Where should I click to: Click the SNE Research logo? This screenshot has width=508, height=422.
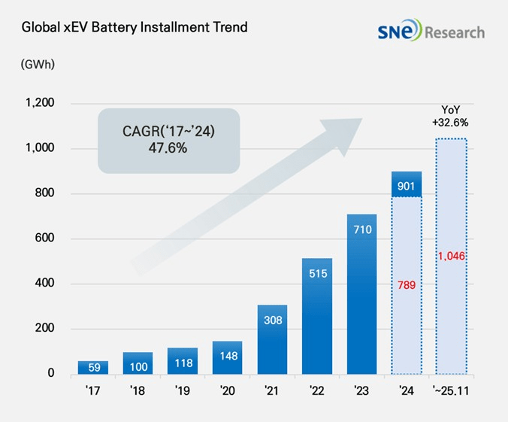click(x=431, y=32)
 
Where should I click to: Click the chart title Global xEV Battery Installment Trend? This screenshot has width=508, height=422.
click(x=135, y=28)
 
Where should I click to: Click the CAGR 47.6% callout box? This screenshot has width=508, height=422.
click(x=168, y=141)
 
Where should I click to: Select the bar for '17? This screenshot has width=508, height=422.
click(x=93, y=367)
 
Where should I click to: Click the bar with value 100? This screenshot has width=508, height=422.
click(x=138, y=363)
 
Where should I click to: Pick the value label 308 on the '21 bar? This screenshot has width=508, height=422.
click(x=272, y=319)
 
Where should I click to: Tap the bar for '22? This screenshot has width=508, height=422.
click(x=316, y=316)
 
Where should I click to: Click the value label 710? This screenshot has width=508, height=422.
click(x=361, y=229)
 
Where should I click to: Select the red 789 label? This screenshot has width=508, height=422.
click(x=406, y=286)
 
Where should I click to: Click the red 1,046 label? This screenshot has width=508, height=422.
click(x=451, y=257)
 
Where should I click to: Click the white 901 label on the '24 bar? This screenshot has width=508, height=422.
click(x=406, y=185)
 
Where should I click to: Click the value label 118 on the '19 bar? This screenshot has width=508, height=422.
click(x=183, y=363)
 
